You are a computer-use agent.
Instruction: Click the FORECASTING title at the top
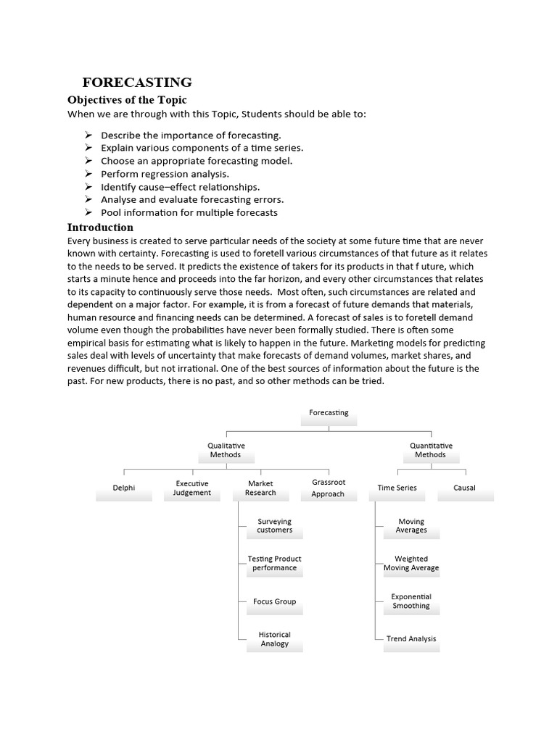point(137,82)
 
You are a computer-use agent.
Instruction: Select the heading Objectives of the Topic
point(127,99)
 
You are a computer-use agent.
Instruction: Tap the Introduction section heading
point(100,227)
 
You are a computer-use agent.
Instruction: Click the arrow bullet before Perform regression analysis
point(88,173)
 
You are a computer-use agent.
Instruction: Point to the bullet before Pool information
point(88,212)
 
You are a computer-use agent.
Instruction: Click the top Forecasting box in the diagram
point(329,414)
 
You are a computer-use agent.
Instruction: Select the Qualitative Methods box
point(226,451)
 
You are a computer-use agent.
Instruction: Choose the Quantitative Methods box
point(431,451)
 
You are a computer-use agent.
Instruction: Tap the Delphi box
point(124,489)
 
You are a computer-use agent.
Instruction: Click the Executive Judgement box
point(192,489)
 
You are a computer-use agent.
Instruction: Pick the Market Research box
point(260,489)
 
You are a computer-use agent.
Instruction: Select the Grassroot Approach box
point(329,489)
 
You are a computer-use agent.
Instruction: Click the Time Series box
point(397,489)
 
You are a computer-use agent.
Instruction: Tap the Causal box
point(465,489)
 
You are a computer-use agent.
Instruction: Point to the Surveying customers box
point(274,527)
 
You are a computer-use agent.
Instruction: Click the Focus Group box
point(274,602)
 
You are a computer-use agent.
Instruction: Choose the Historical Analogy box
point(274,640)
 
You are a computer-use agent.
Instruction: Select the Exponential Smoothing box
point(411,602)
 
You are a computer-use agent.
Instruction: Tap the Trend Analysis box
point(411,640)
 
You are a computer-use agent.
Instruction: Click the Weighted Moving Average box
point(411,564)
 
